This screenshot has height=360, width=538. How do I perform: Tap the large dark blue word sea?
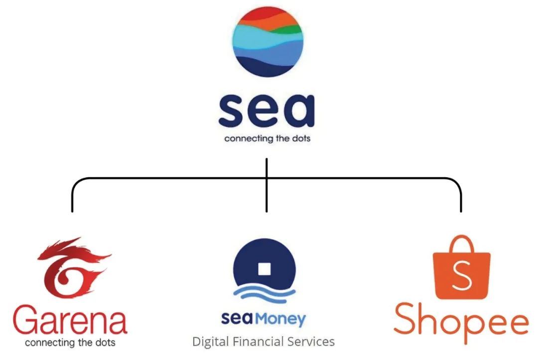(x=267, y=112)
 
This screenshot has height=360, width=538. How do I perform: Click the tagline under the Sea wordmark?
(x=267, y=138)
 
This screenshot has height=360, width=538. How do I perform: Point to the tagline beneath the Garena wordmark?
(x=70, y=343)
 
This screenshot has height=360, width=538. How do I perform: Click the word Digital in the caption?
(x=210, y=342)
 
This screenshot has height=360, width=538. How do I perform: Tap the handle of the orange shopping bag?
(x=461, y=244)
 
